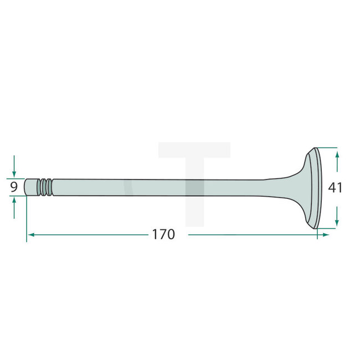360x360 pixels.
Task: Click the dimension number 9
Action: point(14,188)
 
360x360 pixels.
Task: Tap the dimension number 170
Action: point(163,235)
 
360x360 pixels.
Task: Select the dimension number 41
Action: point(335,188)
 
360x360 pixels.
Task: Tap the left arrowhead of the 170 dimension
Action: point(31,235)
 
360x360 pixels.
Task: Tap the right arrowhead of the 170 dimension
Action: point(326,235)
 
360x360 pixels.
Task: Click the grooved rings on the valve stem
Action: point(46,187)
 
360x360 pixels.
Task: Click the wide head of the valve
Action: point(314,188)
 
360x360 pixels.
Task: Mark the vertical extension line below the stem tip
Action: point(26,222)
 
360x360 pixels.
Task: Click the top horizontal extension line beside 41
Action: point(327,148)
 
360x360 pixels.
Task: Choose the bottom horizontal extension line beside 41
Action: point(327,227)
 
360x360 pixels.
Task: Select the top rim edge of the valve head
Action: point(315,150)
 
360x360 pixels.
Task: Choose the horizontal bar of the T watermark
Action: point(194,150)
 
